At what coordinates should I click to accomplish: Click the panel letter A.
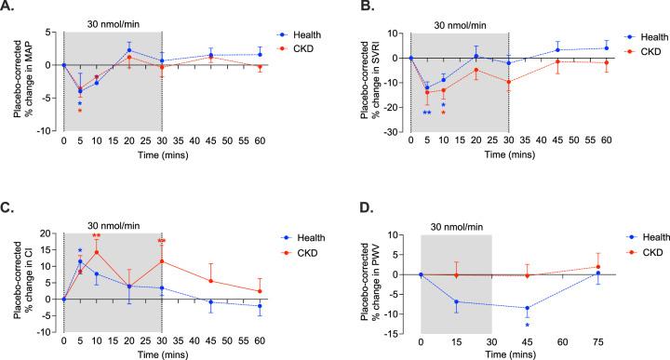[x=7, y=8]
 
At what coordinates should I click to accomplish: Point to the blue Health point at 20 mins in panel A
[x=129, y=50]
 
